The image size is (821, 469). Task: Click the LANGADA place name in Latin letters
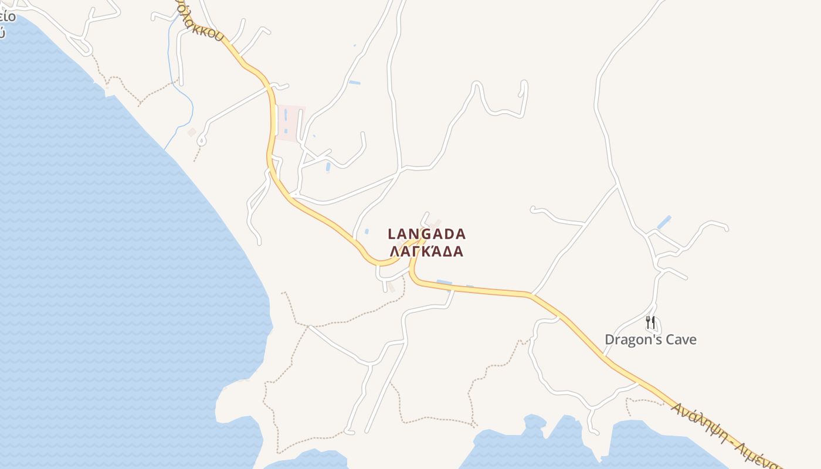point(427,234)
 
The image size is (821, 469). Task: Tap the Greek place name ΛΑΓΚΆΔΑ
point(427,252)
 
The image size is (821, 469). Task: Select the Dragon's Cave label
point(650,339)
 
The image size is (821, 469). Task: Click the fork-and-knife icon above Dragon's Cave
point(650,322)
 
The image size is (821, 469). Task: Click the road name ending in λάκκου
point(202,23)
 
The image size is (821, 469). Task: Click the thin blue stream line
point(186,100)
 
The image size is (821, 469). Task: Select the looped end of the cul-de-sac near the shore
point(201,141)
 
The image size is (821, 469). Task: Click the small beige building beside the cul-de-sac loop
point(192,132)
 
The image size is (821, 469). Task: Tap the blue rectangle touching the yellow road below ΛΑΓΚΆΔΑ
point(444,284)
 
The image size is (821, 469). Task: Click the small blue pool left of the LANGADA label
point(367,232)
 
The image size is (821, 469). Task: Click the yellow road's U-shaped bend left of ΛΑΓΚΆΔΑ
point(381,263)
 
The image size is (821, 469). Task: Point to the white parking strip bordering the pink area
point(276,120)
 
